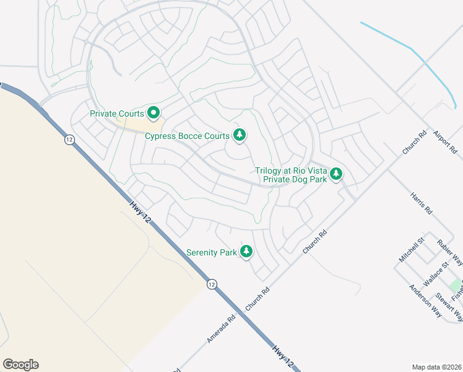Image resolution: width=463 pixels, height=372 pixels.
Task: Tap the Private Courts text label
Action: pyautogui.click(x=117, y=113)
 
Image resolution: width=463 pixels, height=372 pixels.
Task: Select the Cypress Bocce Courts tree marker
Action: pyautogui.click(x=240, y=135)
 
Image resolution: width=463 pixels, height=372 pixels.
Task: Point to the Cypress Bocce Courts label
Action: pyautogui.click(x=188, y=136)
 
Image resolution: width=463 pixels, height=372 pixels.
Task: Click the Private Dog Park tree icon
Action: pyautogui.click(x=336, y=174)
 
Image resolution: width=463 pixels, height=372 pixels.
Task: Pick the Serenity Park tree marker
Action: pyautogui.click(x=246, y=251)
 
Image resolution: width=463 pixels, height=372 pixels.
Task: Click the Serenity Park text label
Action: pyautogui.click(x=212, y=253)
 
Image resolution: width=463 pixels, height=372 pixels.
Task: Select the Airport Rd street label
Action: pyautogui.click(x=444, y=142)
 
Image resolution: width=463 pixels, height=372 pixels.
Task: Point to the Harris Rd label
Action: pyautogui.click(x=421, y=203)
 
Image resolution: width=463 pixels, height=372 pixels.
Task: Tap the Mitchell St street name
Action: pyautogui.click(x=412, y=249)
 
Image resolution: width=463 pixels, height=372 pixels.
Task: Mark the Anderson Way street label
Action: pyautogui.click(x=425, y=301)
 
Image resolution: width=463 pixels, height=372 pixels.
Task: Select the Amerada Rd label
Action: pyautogui.click(x=222, y=329)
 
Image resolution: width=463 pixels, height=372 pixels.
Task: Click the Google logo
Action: pyautogui.click(x=20, y=365)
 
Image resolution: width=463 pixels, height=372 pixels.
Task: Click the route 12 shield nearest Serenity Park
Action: pyautogui.click(x=212, y=284)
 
